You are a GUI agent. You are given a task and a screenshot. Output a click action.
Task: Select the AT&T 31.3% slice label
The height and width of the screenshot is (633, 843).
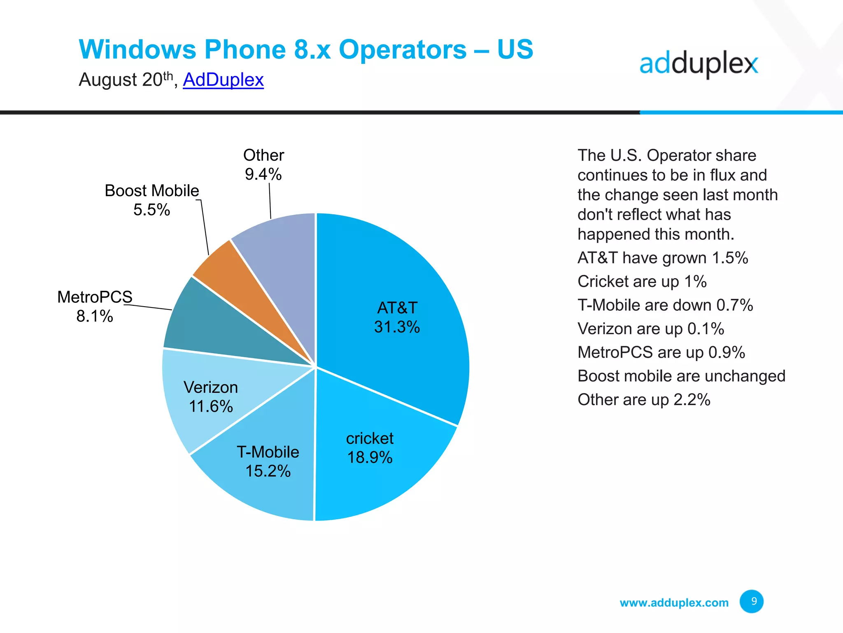pos(397,317)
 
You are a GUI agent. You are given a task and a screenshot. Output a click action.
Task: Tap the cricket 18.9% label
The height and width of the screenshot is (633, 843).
pos(370,448)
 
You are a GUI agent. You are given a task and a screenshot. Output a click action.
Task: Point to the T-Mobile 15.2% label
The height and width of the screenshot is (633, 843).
pos(268,462)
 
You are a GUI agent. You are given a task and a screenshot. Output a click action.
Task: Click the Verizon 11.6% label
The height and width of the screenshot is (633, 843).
pos(211,397)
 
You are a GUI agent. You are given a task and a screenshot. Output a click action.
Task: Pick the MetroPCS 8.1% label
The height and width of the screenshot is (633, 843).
pos(95,306)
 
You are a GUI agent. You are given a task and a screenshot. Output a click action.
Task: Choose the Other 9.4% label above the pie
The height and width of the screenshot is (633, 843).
pos(263,164)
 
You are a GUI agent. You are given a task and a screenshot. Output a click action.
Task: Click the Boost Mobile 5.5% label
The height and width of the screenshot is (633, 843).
pos(151,200)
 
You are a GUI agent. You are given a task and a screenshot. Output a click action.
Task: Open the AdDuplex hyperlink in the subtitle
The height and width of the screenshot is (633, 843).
pos(223,80)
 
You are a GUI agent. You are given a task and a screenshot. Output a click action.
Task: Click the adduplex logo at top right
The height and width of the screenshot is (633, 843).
pos(699,65)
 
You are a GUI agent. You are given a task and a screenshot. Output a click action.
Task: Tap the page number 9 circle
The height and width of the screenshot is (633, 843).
pos(751,601)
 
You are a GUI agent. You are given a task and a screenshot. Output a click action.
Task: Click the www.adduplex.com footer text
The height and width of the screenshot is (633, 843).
pos(674,603)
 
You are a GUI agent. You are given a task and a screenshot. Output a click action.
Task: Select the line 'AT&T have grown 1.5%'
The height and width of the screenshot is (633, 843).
pos(663,258)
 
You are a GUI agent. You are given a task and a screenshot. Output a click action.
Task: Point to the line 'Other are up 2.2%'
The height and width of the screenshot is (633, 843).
pos(644,400)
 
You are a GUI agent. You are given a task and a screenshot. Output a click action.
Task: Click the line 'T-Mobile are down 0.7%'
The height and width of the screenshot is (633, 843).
pos(665,305)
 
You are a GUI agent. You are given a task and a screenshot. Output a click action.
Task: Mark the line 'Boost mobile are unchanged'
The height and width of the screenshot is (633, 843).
pos(681,376)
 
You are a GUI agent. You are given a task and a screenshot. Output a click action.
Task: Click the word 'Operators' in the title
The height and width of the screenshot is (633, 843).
pos(403,49)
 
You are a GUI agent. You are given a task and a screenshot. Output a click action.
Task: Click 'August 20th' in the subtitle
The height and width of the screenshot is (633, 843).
pos(126,80)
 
